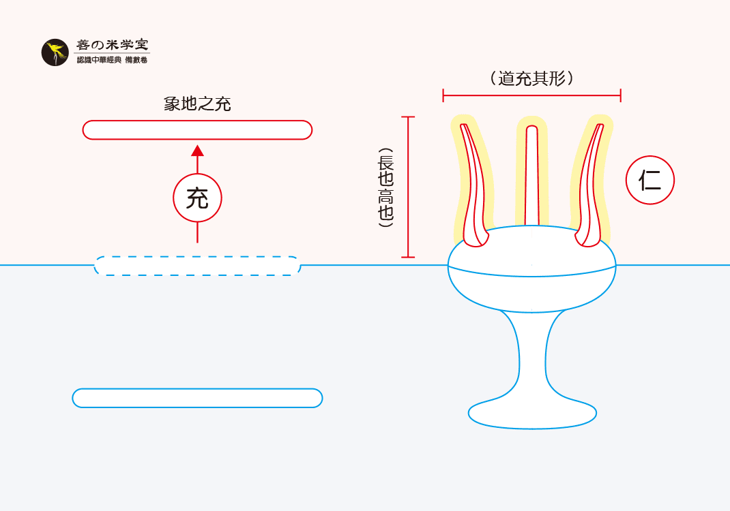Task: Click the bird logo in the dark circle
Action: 55,52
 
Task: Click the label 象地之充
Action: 197,104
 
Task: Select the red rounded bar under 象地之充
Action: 197,129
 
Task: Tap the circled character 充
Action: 197,198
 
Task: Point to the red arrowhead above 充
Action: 197,151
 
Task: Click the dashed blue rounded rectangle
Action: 197,266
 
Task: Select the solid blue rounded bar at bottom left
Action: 197,398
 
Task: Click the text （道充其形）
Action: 531,78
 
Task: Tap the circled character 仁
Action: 649,181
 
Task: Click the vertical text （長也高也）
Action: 385,187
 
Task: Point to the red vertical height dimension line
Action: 407,187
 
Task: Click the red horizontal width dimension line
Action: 531,95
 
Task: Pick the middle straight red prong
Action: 531,177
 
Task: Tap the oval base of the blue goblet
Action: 532,413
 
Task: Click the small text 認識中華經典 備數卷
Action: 112,61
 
